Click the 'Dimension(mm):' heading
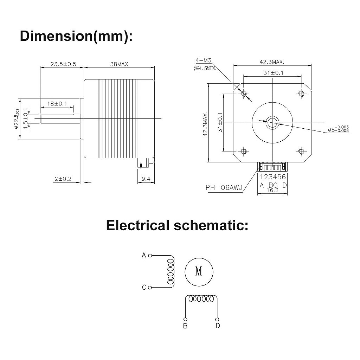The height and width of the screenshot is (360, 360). point(77,36)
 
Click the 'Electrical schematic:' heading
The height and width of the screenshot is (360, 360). point(177,225)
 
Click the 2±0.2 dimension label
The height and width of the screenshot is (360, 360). point(63,179)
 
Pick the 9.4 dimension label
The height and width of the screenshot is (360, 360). point(146,179)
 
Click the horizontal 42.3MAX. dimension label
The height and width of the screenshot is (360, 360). point(272,62)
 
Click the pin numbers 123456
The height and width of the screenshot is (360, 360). point(272,177)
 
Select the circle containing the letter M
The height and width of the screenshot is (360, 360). point(199,271)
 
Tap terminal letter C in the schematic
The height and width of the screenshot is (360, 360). point(144,288)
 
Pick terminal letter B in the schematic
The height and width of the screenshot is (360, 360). point(185,326)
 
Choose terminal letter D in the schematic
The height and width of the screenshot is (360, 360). point(218,326)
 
